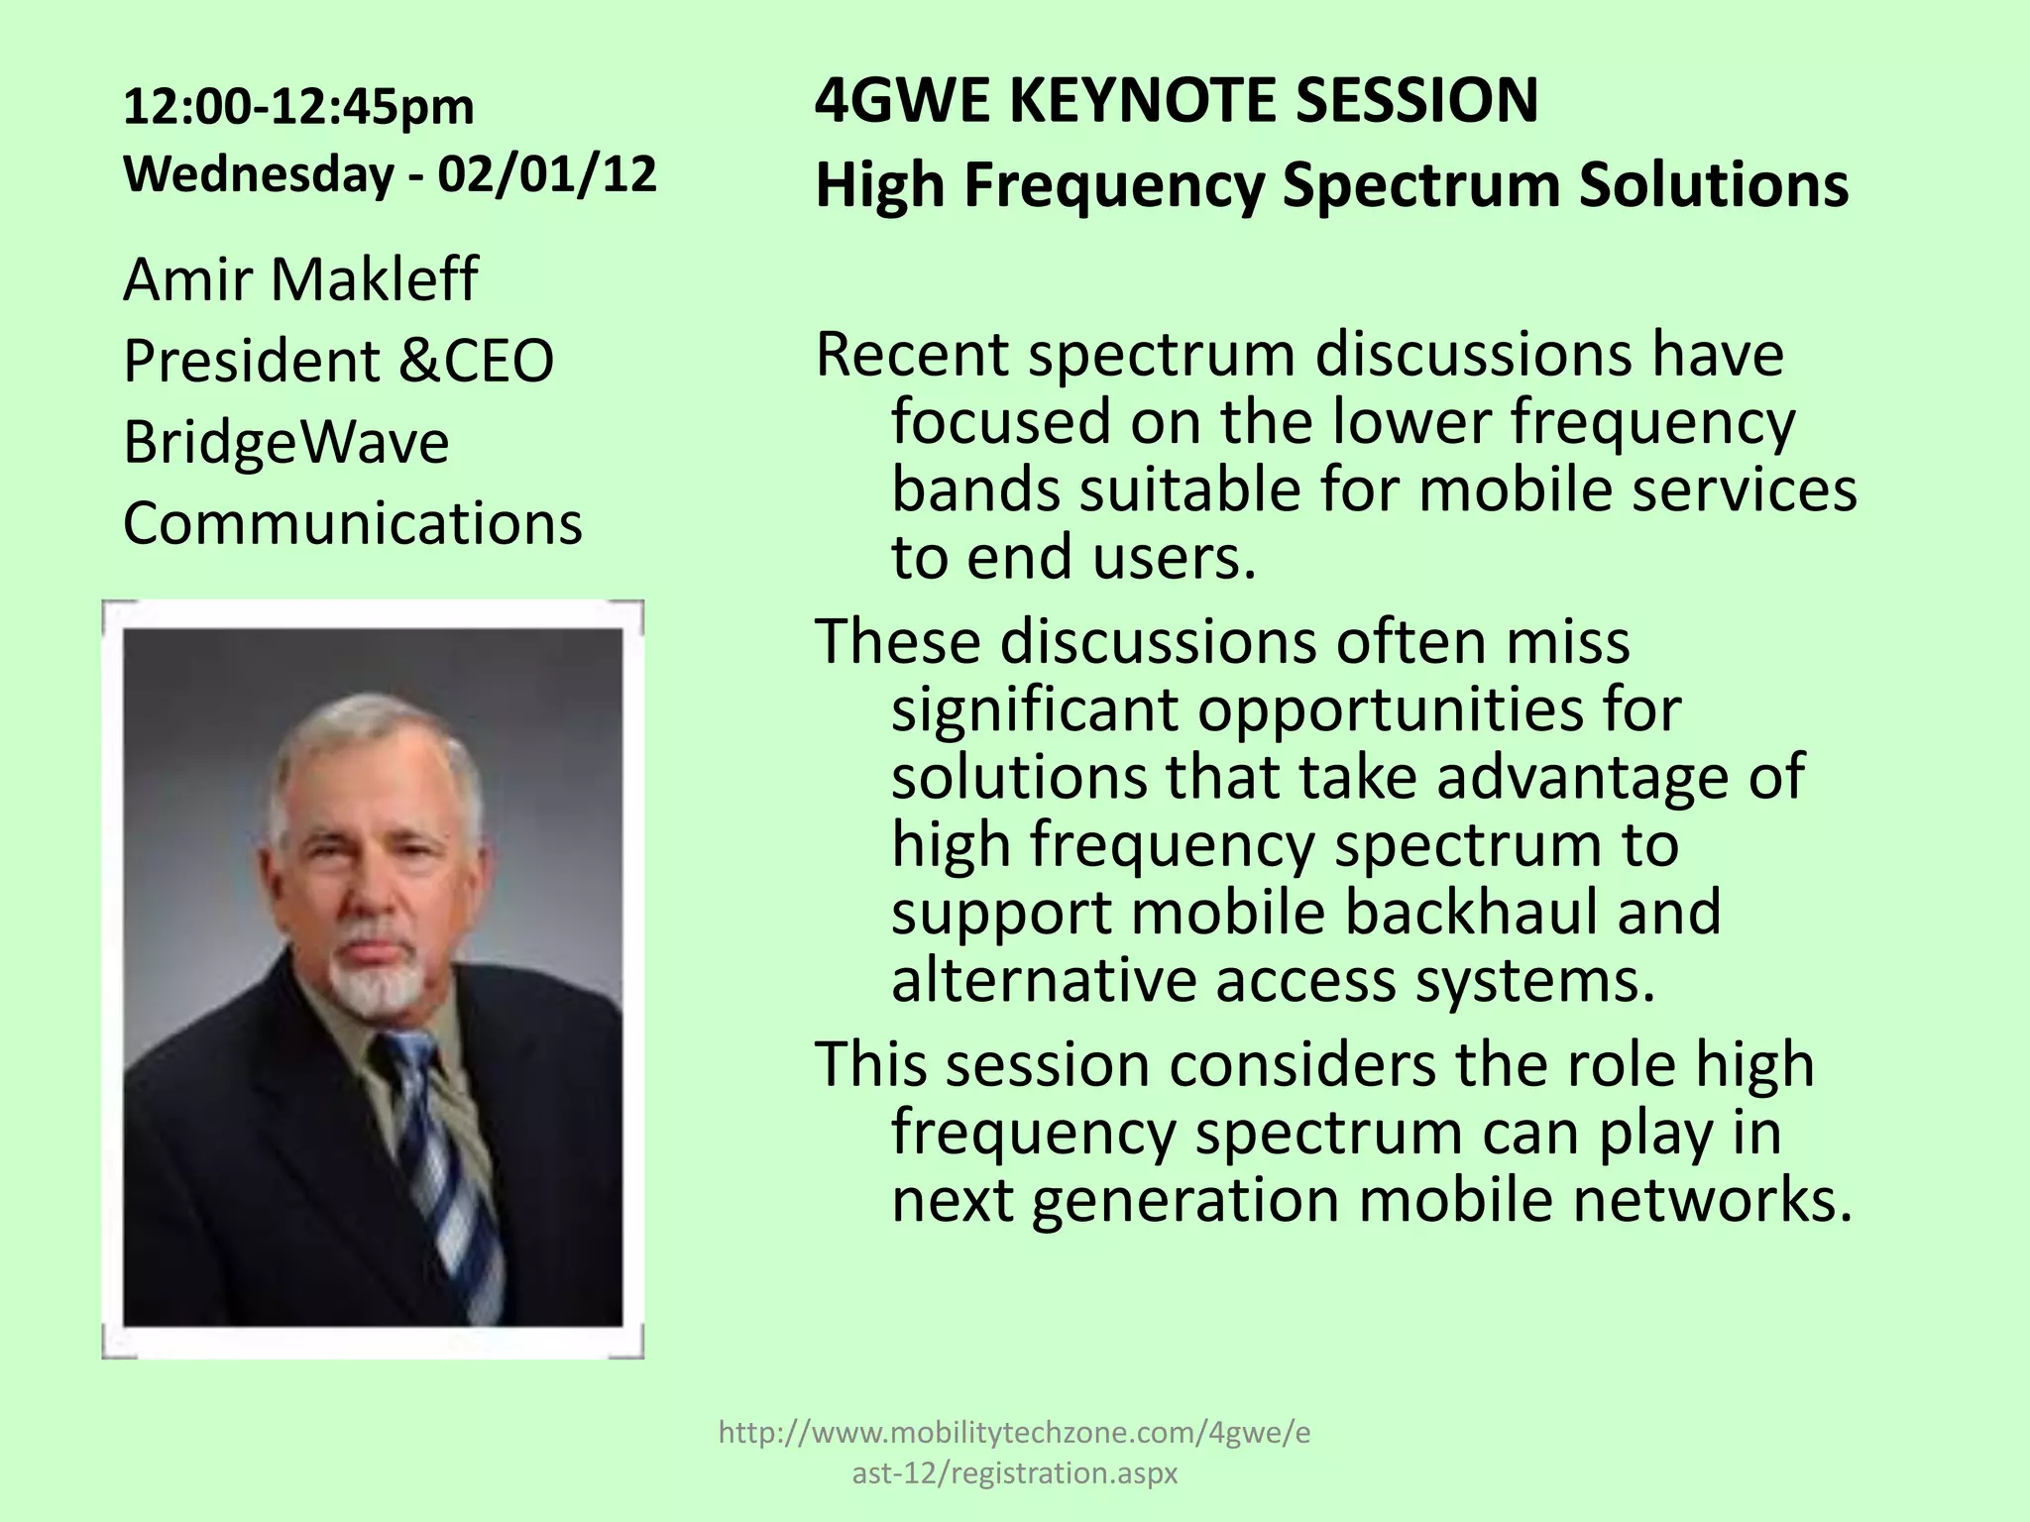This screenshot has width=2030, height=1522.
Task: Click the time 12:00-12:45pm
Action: click(298, 107)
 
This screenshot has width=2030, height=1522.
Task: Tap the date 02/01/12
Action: click(547, 174)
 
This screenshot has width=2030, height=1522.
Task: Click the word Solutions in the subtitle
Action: click(1713, 185)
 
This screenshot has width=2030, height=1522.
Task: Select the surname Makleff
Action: click(374, 279)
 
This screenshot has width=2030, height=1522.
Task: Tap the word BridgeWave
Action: click(285, 442)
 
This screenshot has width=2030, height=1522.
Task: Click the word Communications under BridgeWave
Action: click(352, 523)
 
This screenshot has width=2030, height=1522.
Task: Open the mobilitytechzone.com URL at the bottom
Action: click(1013, 1432)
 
